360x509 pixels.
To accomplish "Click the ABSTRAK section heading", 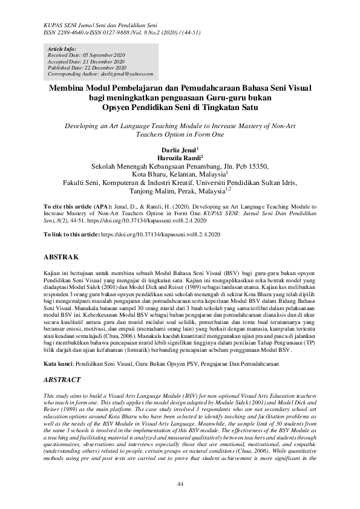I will (x=63, y=256).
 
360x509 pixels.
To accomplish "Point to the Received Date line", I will (x=82, y=54).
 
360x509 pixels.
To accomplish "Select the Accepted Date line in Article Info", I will (x=82, y=61).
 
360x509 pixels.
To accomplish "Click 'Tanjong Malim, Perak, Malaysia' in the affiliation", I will (x=176, y=193).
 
